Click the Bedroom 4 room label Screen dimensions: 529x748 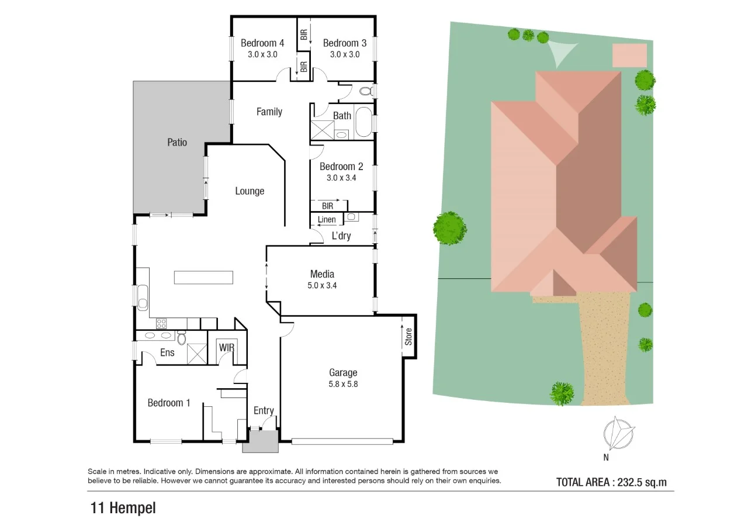pos(262,43)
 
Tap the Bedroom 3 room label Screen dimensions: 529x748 pos(344,43)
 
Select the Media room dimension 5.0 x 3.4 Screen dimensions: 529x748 pos(322,286)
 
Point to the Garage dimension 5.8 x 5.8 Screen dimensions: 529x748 pos(342,385)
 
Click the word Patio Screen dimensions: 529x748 pos(177,141)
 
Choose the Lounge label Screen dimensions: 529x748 pos(250,191)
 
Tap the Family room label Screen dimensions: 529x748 pos(269,112)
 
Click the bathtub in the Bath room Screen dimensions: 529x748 pos(363,122)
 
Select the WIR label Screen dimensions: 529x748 pos(227,347)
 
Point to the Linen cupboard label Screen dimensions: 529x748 pos(327,220)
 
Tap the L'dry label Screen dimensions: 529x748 pos(341,236)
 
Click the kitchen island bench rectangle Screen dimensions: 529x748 pos(203,277)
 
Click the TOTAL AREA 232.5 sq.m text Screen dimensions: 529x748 pos(611,482)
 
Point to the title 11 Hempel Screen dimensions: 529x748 pos(123,508)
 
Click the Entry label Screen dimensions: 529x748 pos(264,411)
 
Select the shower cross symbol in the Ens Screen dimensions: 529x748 pos(197,352)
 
